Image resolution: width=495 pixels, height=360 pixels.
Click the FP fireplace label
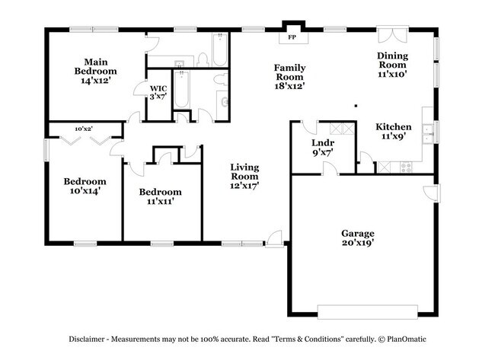click(291, 37)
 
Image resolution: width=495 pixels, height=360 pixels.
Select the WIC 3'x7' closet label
click(158, 92)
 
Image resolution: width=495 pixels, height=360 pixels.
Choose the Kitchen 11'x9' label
click(394, 132)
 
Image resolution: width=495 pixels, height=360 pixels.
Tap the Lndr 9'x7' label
click(323, 147)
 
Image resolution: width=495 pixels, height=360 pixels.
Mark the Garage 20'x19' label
click(357, 238)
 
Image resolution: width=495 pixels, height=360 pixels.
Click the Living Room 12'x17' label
click(244, 177)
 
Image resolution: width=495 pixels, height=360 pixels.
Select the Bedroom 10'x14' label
click(85, 186)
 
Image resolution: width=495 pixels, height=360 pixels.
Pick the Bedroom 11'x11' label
click(160, 196)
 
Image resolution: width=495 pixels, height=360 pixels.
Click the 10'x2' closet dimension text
click(84, 129)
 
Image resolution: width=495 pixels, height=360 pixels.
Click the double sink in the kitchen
click(429, 132)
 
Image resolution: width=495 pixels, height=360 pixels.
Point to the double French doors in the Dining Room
click(394, 37)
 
